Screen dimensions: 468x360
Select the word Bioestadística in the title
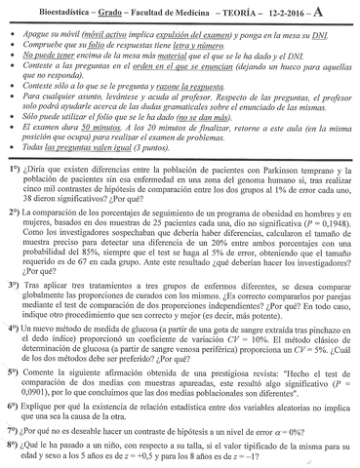51,9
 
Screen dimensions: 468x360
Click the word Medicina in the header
187,9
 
